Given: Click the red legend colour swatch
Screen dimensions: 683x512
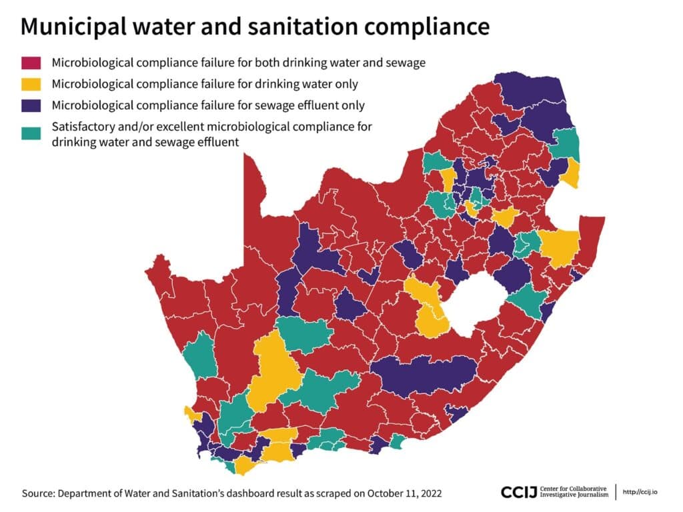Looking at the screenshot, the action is (31, 63).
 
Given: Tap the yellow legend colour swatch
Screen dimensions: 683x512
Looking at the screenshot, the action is (31, 84).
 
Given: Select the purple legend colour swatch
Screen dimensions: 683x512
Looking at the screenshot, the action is (31, 105).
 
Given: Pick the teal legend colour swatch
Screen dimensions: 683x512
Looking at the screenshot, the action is (31, 133).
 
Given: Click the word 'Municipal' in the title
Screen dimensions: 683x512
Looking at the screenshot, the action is (73, 27).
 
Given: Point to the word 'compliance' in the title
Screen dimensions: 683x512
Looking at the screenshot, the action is (426, 27).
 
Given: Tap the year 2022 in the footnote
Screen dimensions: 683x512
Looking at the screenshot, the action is (432, 493).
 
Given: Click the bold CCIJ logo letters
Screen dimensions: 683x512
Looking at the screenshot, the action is (519, 493).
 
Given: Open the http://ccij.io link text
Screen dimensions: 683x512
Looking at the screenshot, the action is (640, 492).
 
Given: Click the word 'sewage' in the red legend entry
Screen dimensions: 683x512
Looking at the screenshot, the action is (405, 63).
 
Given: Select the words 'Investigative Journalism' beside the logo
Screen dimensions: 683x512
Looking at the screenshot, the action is (574, 495).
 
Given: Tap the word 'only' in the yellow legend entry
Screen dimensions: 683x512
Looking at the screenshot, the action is (346, 84).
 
